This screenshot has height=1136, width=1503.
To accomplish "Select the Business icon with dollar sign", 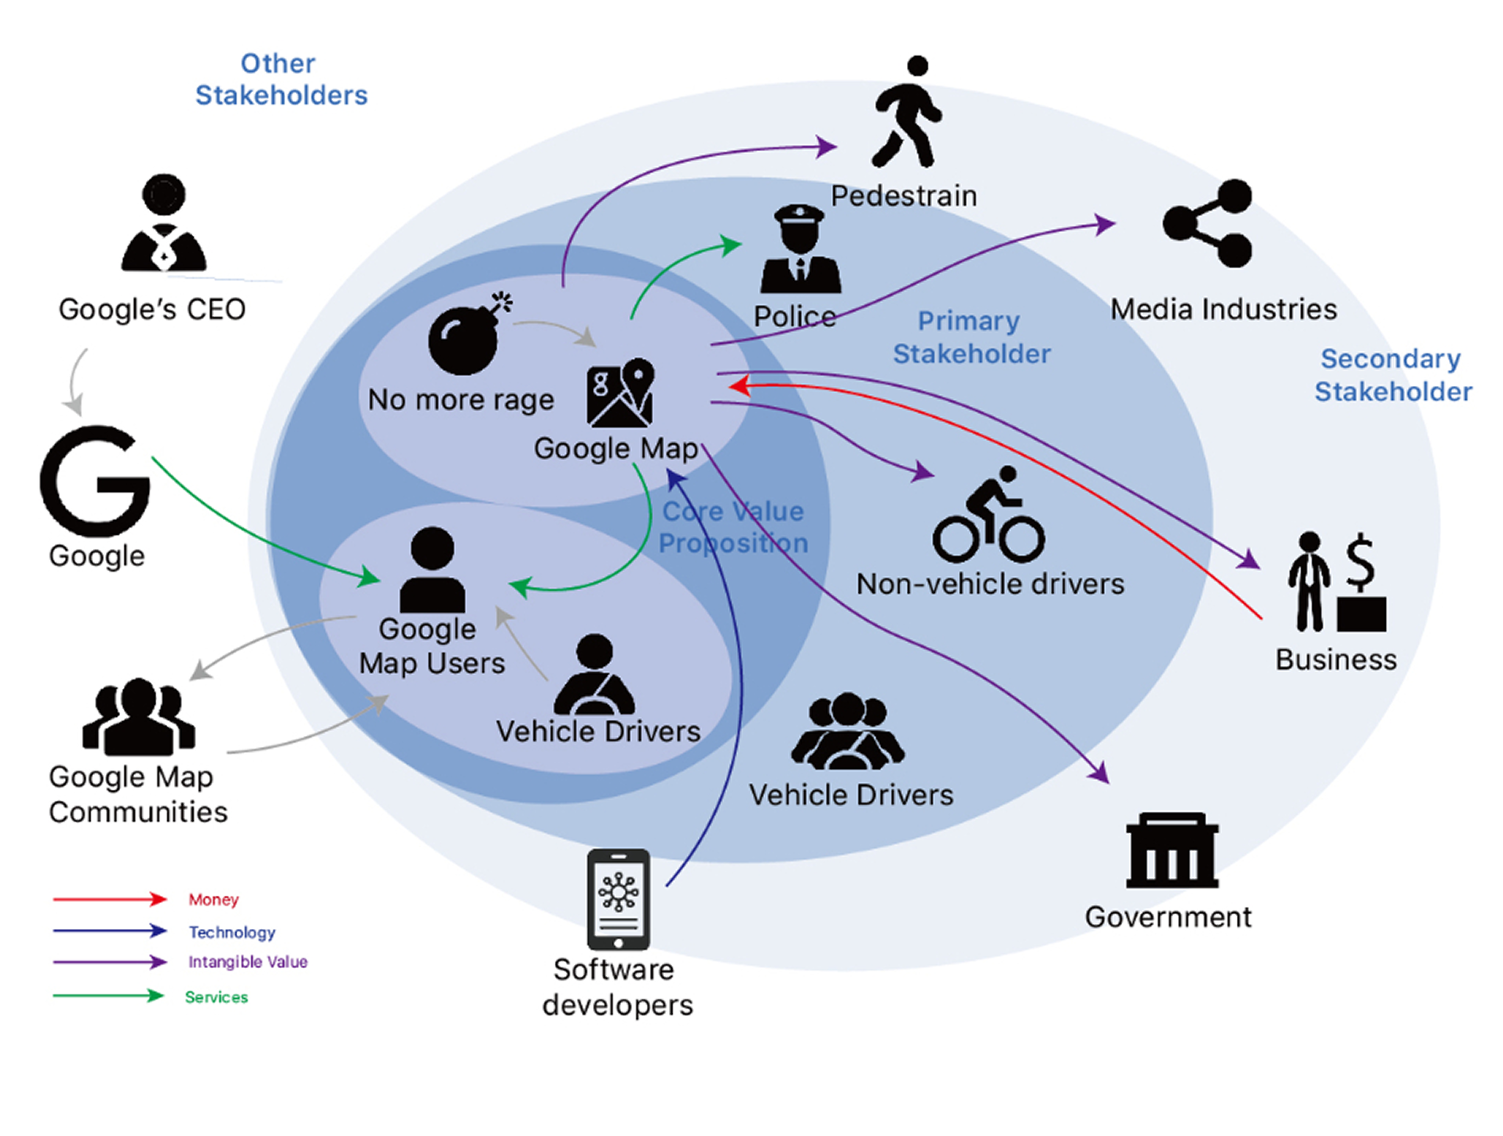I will click(1336, 582).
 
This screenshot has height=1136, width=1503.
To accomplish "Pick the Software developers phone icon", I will click(618, 900).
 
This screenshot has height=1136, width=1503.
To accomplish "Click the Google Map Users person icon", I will click(432, 570).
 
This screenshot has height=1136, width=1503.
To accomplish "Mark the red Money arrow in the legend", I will click(109, 899).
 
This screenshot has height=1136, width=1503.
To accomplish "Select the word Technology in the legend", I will click(232, 932).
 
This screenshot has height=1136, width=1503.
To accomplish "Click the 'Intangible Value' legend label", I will click(248, 961).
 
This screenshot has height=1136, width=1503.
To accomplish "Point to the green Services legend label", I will click(217, 997).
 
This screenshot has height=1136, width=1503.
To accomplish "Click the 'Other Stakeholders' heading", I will click(281, 80).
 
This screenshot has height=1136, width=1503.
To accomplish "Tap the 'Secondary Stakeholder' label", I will click(1392, 375).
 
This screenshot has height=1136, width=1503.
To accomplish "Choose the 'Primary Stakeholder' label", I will click(971, 337).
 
